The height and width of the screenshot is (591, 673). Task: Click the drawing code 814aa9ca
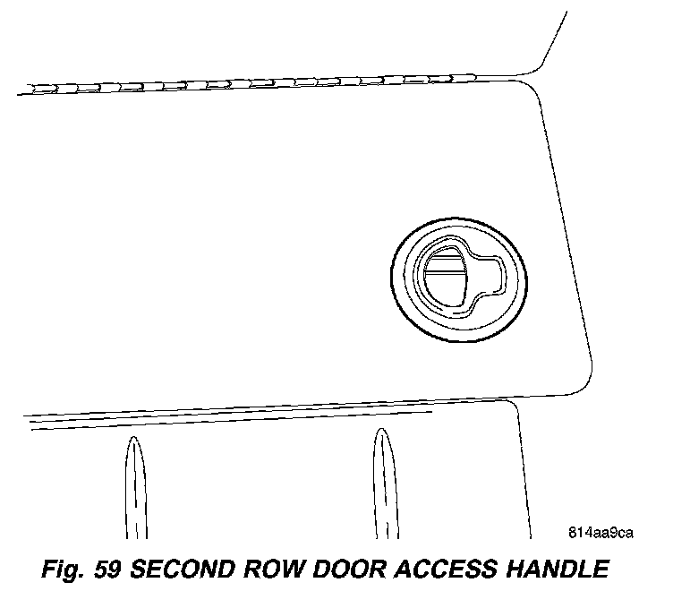pyautogui.click(x=601, y=535)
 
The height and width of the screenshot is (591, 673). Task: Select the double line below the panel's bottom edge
pyautogui.click(x=224, y=420)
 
